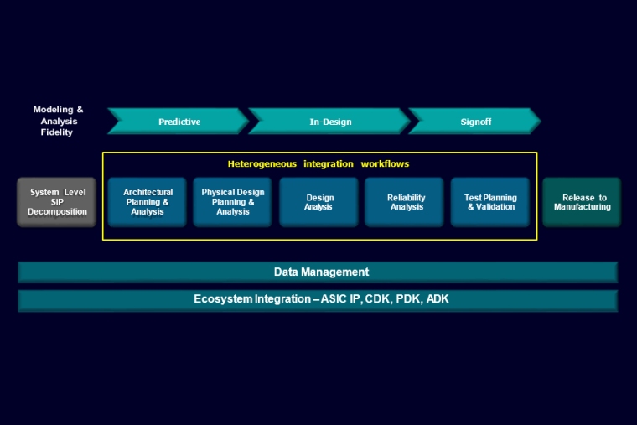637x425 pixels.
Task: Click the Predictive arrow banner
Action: point(179,122)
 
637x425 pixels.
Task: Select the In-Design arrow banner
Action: point(330,122)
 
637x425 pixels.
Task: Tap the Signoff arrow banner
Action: point(475,122)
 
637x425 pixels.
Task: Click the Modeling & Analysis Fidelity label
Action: point(58,121)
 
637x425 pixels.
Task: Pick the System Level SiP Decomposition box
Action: point(57,202)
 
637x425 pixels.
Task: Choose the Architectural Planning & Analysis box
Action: point(148,202)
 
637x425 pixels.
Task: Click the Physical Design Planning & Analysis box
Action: point(233,202)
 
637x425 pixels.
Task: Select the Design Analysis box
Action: point(319,202)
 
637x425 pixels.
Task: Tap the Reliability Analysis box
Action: point(406,202)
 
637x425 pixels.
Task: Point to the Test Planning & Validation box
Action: point(490,202)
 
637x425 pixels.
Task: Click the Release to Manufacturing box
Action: point(582,202)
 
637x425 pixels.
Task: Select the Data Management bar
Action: point(318,272)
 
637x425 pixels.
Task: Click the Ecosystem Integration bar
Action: point(318,299)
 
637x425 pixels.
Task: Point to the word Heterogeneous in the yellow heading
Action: point(262,163)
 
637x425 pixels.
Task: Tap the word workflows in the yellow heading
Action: point(385,163)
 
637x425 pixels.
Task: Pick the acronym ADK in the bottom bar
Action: point(438,299)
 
